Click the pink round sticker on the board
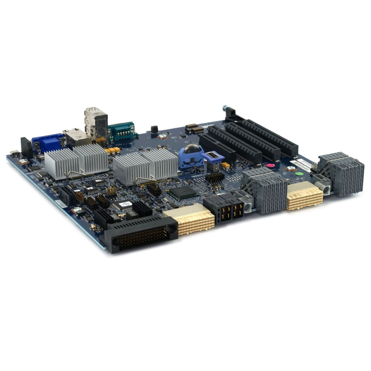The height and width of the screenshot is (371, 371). [x=270, y=165]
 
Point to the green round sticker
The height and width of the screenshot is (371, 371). [x=299, y=173]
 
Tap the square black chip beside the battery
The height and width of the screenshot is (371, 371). [x=182, y=192]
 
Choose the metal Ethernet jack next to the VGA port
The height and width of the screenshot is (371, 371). [x=76, y=137]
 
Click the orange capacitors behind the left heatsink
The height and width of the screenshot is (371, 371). [x=113, y=150]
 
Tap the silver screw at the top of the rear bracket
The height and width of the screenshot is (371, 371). [x=224, y=108]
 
